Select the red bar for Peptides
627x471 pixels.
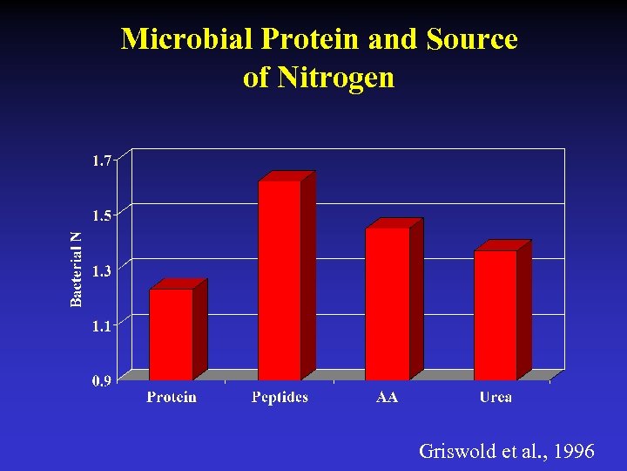coord(280,280)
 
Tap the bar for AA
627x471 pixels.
coord(388,304)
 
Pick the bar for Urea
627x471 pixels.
coord(496,315)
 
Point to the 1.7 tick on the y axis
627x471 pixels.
coord(103,160)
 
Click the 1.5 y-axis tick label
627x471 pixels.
coord(103,215)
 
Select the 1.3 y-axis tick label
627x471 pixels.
coord(103,271)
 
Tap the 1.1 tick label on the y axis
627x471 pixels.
coord(103,326)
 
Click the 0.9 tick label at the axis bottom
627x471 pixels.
coord(103,380)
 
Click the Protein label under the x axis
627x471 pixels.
coord(172,398)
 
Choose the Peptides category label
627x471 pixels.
coord(280,398)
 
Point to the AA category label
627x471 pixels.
coord(388,398)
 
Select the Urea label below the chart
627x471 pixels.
coord(496,398)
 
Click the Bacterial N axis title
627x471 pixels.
coord(77,269)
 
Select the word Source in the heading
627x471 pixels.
coord(473,39)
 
